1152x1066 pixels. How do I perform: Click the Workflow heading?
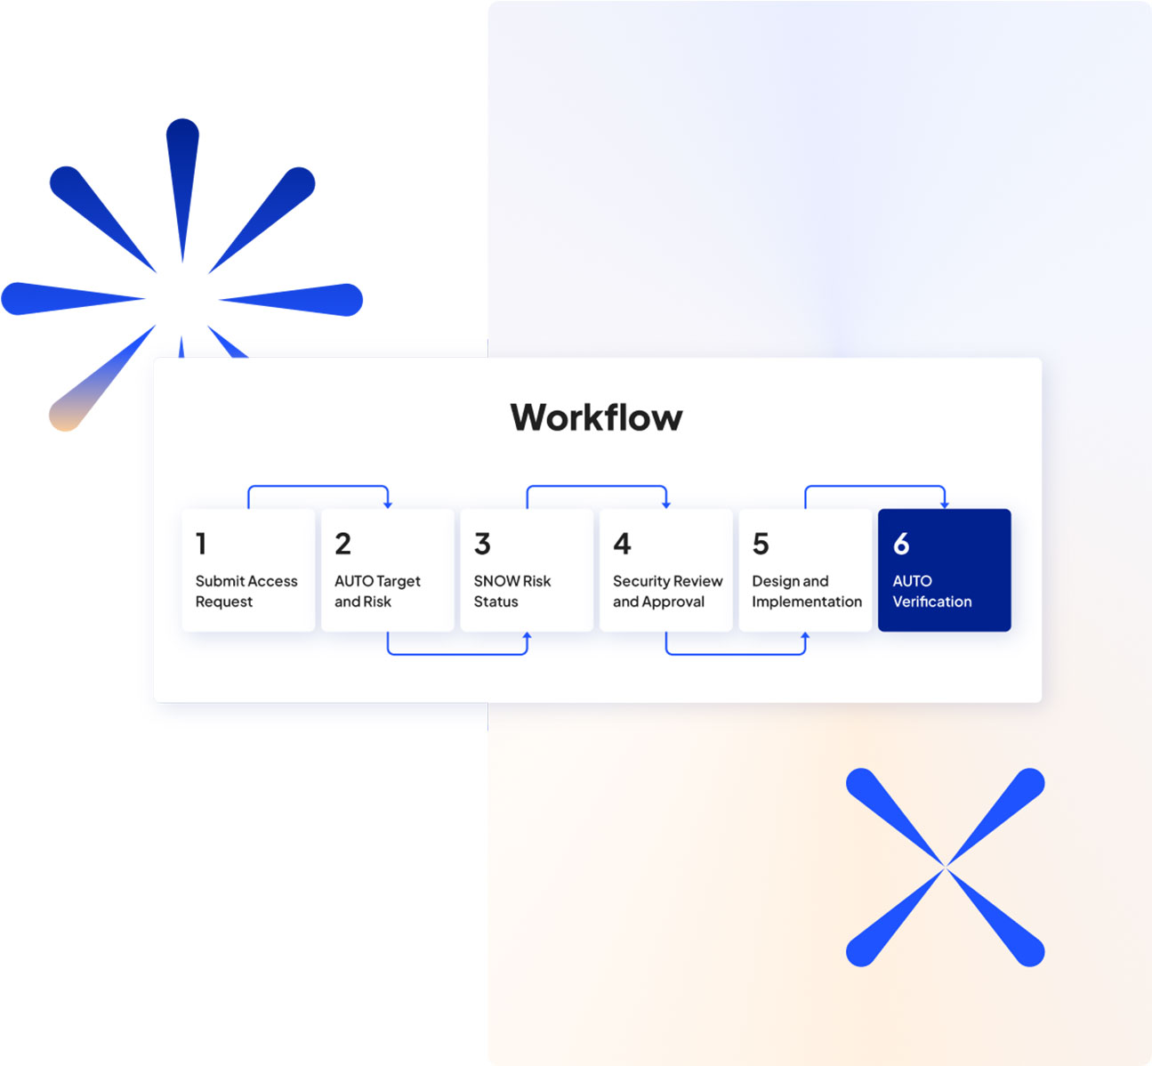[x=596, y=417]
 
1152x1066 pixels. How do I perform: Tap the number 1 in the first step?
[x=201, y=544]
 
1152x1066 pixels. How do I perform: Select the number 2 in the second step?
[x=342, y=544]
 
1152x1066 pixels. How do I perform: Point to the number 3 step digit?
[x=482, y=544]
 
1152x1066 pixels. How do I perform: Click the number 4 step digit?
[x=622, y=544]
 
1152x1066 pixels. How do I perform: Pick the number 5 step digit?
[x=761, y=544]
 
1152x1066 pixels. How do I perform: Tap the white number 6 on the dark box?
[x=901, y=544]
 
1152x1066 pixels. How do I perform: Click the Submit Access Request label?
[x=246, y=592]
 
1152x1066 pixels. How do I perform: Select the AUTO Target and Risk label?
[x=377, y=592]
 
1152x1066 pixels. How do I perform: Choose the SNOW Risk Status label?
[x=512, y=592]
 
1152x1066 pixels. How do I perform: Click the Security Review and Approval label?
[x=668, y=592]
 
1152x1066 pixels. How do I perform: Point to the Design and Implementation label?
[x=807, y=592]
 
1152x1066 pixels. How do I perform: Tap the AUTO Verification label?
[x=932, y=592]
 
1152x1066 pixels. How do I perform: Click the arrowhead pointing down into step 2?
[x=388, y=505]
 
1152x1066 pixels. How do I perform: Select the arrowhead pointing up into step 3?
[x=527, y=635]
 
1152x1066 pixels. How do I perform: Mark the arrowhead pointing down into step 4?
[x=666, y=505]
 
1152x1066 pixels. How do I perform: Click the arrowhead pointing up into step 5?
[x=805, y=635]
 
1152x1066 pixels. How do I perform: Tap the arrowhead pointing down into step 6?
[x=945, y=505]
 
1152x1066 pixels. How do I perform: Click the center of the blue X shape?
[x=945, y=867]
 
